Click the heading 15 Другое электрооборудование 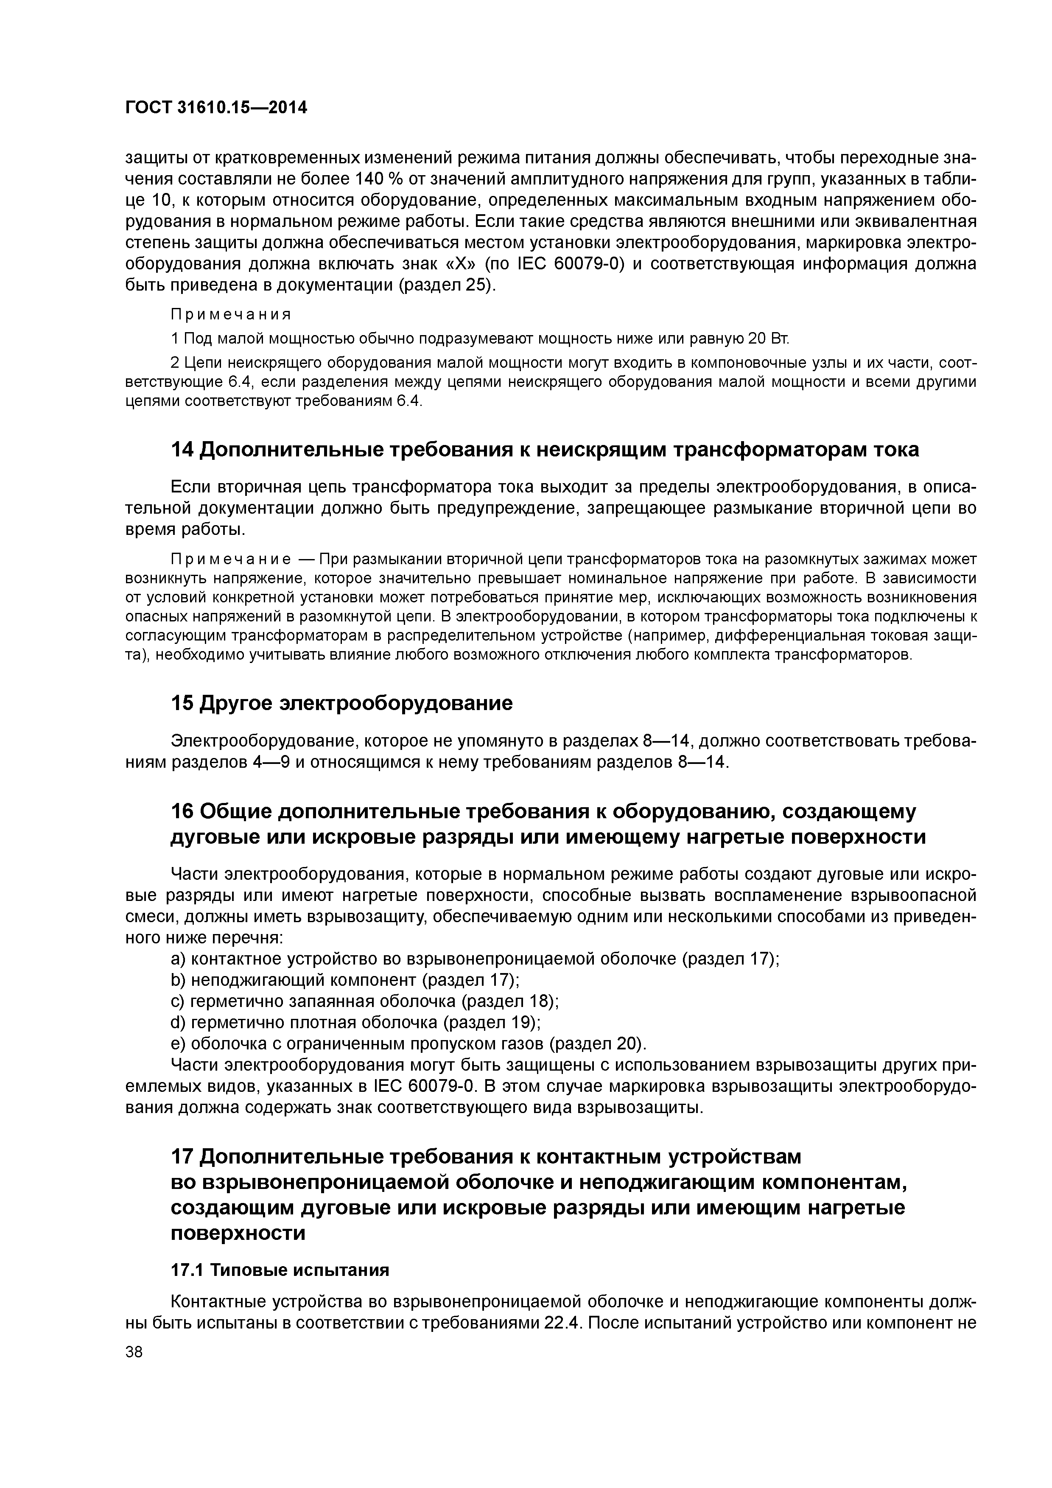pyautogui.click(x=341, y=703)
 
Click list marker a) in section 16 pyautogui.click(x=178, y=959)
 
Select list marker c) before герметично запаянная pyautogui.click(x=178, y=1001)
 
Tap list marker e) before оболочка pyautogui.click(x=178, y=1044)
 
